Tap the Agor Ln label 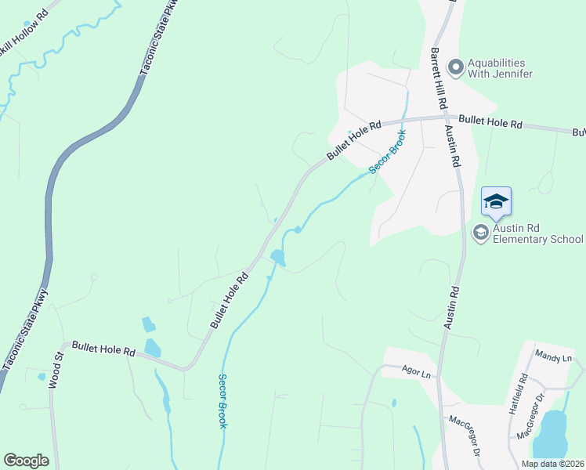click(x=417, y=374)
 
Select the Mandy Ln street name click(x=554, y=357)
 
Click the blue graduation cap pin click(x=496, y=203)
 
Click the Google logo click(x=26, y=461)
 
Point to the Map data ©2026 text click(x=552, y=464)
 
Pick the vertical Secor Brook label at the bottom click(x=222, y=399)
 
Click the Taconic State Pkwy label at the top click(x=157, y=38)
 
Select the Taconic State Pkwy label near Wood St click(x=26, y=329)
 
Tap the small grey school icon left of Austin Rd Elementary click(x=479, y=232)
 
